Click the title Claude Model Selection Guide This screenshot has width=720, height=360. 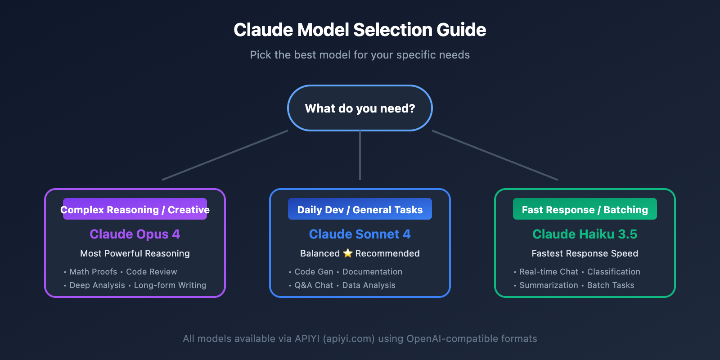click(360, 30)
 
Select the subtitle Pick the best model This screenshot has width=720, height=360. click(360, 55)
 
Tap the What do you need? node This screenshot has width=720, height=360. click(360, 108)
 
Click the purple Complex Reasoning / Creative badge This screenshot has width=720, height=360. click(135, 210)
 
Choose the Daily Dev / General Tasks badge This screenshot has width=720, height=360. click(360, 210)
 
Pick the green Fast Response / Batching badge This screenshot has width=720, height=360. click(585, 210)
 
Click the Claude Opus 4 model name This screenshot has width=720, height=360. click(135, 234)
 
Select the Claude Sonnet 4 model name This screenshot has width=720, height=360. click(360, 234)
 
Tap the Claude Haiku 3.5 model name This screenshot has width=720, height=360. click(585, 234)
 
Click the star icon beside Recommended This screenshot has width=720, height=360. click(347, 253)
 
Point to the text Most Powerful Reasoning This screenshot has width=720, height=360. click(135, 253)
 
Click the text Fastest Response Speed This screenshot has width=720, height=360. click(585, 253)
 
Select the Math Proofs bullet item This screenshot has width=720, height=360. click(93, 272)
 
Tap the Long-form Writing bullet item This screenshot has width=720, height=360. click(170, 285)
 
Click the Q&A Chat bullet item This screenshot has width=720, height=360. click(314, 285)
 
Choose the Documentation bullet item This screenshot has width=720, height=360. click(372, 272)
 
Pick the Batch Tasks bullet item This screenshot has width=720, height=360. click(610, 285)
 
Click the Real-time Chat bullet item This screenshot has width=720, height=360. click(549, 272)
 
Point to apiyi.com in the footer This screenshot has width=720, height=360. click(349, 339)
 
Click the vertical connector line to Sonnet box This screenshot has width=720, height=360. click(360, 155)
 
